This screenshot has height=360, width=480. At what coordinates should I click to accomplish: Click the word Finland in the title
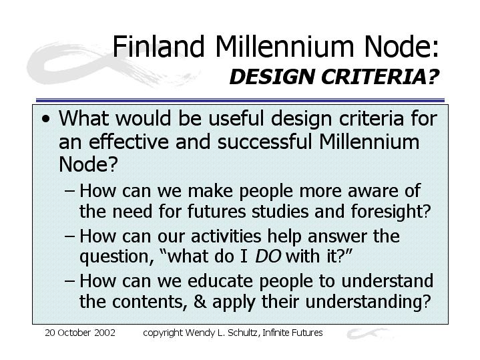coord(158,46)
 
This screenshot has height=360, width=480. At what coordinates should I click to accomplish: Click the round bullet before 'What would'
coord(46,119)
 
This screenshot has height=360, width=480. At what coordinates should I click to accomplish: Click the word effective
coord(129,142)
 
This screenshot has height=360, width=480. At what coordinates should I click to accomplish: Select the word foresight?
coord(391,212)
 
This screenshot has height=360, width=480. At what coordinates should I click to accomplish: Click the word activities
coord(226,236)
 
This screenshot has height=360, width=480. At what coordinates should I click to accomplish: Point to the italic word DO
coord(268,256)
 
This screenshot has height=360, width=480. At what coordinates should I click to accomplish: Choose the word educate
coord(220,281)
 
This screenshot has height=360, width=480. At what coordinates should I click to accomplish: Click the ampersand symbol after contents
coord(200,302)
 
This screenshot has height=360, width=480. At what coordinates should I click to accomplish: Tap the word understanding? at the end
coord(369,303)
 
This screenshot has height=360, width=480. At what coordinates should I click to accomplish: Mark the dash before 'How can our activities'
coord(70,237)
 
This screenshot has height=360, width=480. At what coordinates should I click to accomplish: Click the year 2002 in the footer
coord(105,333)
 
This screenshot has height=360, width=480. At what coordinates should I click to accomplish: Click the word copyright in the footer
coord(163,333)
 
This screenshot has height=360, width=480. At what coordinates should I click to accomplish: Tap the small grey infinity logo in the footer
coord(369,334)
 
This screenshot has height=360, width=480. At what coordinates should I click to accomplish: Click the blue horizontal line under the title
coord(240,100)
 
